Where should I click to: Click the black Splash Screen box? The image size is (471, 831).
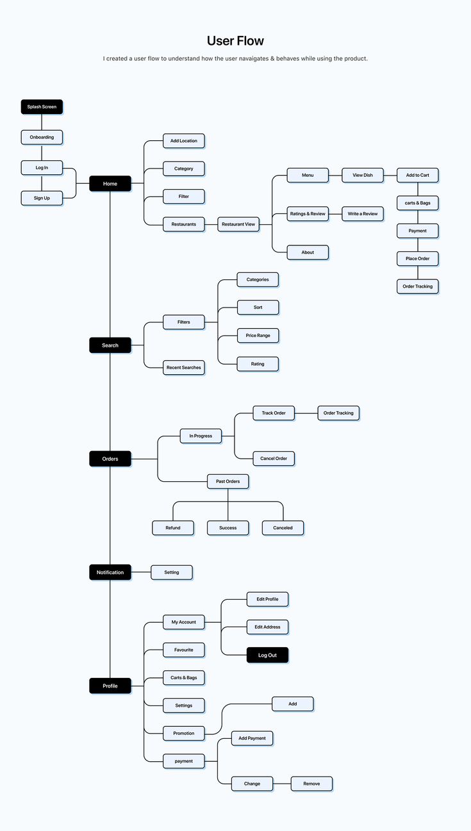coord(42,107)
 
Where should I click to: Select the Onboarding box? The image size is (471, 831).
coord(42,137)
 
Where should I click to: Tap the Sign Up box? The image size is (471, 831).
coord(42,198)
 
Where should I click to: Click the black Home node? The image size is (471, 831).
coord(110,184)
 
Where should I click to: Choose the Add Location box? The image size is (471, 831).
coord(184,141)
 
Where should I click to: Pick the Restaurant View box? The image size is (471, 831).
coord(238,224)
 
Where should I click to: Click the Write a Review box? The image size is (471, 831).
coord(363,213)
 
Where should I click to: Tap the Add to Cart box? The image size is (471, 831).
coord(418,175)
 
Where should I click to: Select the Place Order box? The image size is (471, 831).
coord(418,259)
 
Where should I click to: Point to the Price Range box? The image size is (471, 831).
coord(258,336)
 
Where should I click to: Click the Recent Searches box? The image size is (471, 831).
coord(184,368)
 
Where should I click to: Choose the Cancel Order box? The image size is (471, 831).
coord(274,459)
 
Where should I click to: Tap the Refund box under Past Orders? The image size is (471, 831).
coord(173,528)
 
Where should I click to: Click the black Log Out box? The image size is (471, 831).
coord(267,655)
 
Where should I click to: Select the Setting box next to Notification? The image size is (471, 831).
coord(172,572)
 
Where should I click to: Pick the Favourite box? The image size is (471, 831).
coord(184,650)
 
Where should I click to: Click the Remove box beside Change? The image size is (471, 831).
coord(311,784)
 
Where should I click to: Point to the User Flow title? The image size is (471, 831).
coord(235,41)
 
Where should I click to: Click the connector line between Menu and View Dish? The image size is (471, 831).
coord(335,175)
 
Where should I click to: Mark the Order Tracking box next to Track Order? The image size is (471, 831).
coord(338,413)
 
